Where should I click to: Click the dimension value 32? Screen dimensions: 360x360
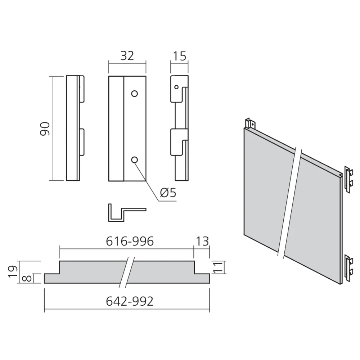coord(127,56)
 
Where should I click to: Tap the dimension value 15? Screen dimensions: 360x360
coord(180,56)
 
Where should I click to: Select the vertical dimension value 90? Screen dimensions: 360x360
coord(45,129)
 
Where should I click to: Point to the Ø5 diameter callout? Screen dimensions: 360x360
coord(168,193)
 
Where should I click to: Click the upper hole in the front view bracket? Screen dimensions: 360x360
coord(134,94)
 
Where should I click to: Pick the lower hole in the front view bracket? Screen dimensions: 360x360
coord(134,159)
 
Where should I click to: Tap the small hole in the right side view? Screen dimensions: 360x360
coord(176,87)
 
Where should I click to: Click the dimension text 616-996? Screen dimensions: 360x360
coord(130,241)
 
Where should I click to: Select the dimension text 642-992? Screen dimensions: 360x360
coord(130,301)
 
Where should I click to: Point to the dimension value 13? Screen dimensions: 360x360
coord(202,241)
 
